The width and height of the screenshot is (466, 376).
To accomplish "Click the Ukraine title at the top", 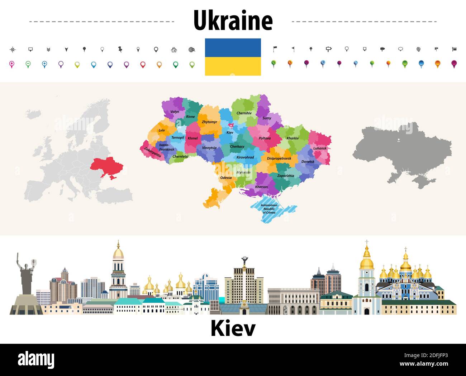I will point(233,21).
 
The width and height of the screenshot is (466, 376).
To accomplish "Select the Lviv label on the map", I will point(162,130).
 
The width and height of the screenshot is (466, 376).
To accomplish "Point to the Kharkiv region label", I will point(293,138).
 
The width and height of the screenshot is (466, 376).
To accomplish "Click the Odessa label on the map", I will point(226,177).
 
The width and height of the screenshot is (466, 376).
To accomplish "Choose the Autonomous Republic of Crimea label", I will point(269,209).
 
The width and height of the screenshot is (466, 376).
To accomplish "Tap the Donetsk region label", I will point(308,162).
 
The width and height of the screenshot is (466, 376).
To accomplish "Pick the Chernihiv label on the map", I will point(244,113).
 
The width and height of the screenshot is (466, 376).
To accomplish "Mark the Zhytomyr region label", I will point(209,122).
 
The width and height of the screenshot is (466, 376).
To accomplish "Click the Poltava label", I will point(265,138).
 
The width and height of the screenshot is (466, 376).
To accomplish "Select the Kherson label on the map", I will point(261,187).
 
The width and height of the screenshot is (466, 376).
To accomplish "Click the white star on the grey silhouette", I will point(399,140).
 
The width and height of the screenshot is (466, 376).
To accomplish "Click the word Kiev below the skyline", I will point(233,328).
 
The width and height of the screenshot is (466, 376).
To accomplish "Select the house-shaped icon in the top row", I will point(174,49).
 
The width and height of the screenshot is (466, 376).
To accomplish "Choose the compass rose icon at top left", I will point(13,49).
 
